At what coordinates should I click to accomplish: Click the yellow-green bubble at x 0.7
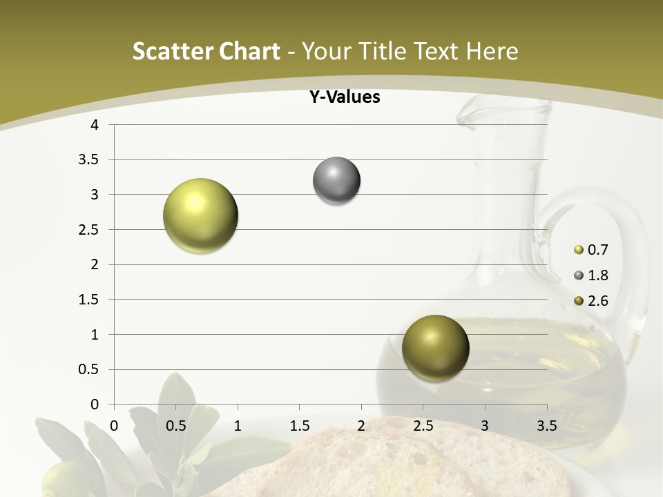pos(200,215)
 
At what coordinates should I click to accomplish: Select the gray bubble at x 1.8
pos(336,181)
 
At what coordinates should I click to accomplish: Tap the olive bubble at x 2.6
pos(435,348)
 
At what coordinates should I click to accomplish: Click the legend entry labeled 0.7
pos(597,250)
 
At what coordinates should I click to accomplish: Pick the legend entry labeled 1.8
pos(597,275)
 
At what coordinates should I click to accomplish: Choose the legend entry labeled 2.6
pos(597,300)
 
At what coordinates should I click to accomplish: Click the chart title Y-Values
pos(345,97)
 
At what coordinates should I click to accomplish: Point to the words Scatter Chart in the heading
pos(206,51)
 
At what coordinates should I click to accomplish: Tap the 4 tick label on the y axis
pos(95,125)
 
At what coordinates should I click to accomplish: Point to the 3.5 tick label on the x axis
pos(546,425)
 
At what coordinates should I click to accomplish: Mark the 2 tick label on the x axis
pos(361,425)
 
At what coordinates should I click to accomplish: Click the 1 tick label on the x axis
pos(238,425)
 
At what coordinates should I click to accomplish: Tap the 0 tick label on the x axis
pos(114,425)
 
